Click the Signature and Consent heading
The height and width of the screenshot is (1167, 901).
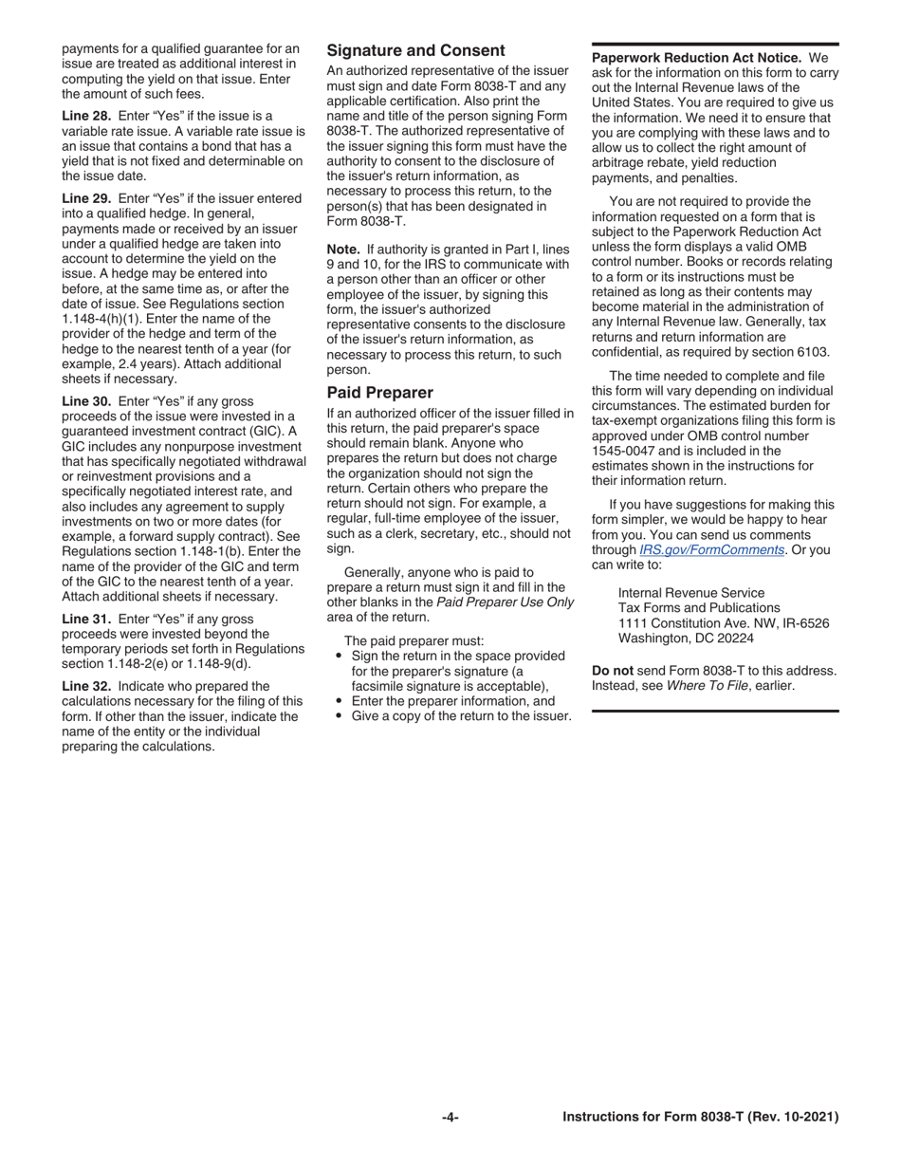tap(415, 50)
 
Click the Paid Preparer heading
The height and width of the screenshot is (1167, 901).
tap(379, 393)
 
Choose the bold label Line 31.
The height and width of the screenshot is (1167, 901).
tap(86, 619)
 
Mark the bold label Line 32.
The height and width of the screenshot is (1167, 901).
tap(86, 685)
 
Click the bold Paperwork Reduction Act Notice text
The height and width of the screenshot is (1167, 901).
tap(697, 58)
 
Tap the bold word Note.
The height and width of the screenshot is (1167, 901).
tap(344, 250)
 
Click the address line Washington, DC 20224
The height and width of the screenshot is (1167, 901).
tap(686, 639)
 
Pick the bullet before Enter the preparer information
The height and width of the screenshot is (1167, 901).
tap(339, 701)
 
